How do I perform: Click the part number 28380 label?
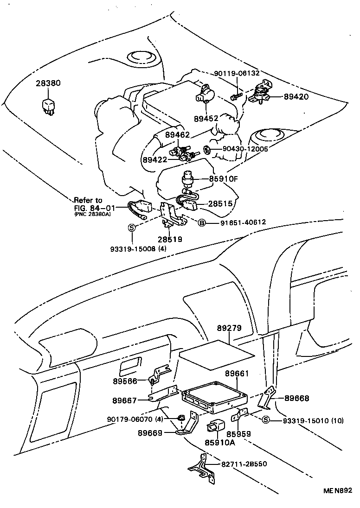48,83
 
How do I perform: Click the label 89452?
206,119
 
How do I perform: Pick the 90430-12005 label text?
245,149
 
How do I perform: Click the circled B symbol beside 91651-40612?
202,222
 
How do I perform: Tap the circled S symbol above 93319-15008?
132,227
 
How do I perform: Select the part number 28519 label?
169,239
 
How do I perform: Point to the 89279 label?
229,328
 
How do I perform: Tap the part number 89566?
125,381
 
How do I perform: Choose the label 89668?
296,398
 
